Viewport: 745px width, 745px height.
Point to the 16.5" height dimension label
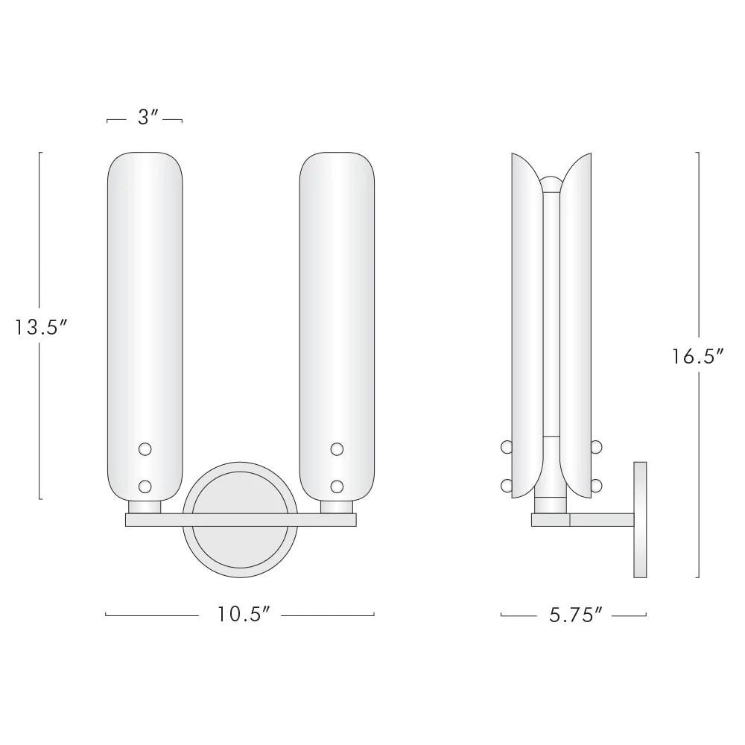699,356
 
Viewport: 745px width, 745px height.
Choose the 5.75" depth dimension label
574,615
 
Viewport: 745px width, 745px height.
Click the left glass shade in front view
145,298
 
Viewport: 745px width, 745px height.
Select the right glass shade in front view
337,298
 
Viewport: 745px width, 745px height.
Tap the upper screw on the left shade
145,448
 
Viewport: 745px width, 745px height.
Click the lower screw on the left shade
145,486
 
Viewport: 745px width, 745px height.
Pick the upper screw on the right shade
337,448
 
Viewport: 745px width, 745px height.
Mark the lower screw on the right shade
337,486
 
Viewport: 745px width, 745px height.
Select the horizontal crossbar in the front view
241,520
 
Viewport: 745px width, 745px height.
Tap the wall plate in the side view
640,519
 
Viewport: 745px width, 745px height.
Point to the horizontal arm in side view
600,520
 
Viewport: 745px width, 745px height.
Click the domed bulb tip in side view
551,183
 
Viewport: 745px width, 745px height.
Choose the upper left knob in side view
507,447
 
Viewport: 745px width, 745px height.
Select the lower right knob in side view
596,486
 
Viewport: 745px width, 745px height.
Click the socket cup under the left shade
145,507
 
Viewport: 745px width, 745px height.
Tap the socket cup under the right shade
337,507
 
